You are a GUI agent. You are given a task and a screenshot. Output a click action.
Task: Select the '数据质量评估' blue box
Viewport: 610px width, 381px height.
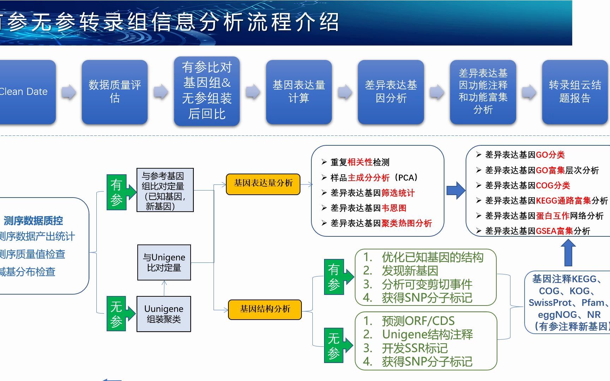[x=115, y=92]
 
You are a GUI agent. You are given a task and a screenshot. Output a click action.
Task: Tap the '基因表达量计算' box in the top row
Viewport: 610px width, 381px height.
[x=299, y=92]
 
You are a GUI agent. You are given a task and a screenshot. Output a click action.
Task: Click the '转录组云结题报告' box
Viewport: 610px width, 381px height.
[x=575, y=92]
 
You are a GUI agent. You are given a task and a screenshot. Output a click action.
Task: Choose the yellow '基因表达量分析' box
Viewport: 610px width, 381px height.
[x=263, y=183]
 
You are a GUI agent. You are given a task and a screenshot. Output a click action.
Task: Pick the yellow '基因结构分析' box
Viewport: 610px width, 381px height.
[x=265, y=309]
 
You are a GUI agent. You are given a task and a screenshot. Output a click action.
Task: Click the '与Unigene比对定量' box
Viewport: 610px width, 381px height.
[x=164, y=262]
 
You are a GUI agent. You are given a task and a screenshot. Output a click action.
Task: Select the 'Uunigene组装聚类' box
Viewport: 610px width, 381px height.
[x=164, y=314]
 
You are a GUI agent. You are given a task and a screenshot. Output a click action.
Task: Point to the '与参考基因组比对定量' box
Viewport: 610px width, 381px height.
[x=165, y=190]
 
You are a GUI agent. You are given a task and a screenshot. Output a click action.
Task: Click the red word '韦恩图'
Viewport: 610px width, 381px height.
[x=394, y=208]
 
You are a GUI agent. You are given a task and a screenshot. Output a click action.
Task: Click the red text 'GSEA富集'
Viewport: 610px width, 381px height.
[x=554, y=231]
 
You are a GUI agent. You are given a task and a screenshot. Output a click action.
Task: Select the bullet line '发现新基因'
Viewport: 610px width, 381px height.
[x=409, y=271]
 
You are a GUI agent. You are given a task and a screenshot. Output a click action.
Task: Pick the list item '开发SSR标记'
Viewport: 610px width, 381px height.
[x=414, y=348]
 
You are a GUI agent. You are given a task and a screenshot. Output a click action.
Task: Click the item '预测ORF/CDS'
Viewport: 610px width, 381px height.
[x=418, y=321]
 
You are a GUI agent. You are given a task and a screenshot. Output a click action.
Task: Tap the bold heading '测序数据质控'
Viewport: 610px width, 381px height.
[x=34, y=221]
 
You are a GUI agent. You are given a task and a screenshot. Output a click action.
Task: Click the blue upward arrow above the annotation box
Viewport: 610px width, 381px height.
[x=568, y=253]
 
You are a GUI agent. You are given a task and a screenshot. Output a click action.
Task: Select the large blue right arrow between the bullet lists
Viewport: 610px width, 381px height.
[x=456, y=190]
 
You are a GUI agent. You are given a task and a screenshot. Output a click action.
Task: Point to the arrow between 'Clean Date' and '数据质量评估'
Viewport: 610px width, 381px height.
[x=69, y=92]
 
